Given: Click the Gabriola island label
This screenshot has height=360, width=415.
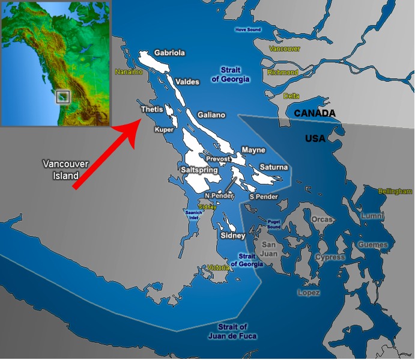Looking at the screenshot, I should (x=169, y=53).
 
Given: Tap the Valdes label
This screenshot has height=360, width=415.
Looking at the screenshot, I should (x=187, y=82).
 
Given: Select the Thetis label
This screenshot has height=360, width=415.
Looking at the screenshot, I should (x=151, y=109).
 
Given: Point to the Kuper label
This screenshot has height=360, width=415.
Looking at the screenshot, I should (x=163, y=129).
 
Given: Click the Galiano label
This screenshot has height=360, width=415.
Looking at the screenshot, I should (x=211, y=115).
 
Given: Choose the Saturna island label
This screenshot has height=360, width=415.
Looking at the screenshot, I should (x=274, y=167).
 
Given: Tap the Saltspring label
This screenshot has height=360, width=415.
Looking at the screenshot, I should (x=198, y=170).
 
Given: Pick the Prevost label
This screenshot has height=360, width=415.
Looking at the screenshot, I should (x=218, y=159).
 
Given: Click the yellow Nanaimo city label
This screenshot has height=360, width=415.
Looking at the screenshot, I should (x=129, y=72).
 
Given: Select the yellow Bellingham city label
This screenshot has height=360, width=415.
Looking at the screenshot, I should (x=395, y=191).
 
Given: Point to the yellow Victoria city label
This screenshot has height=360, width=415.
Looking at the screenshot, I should (x=217, y=267).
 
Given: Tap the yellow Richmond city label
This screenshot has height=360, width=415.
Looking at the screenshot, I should (x=282, y=73).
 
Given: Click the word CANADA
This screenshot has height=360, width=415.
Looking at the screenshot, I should (x=315, y=113).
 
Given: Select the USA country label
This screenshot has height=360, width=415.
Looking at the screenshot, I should (x=315, y=138).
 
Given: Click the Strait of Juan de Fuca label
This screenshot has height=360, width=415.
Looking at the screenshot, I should (x=232, y=331).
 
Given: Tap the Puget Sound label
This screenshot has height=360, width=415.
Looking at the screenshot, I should (x=274, y=225).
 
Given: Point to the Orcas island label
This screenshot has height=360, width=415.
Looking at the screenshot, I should (x=322, y=219).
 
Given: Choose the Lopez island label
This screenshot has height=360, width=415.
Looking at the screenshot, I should (x=309, y=293).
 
